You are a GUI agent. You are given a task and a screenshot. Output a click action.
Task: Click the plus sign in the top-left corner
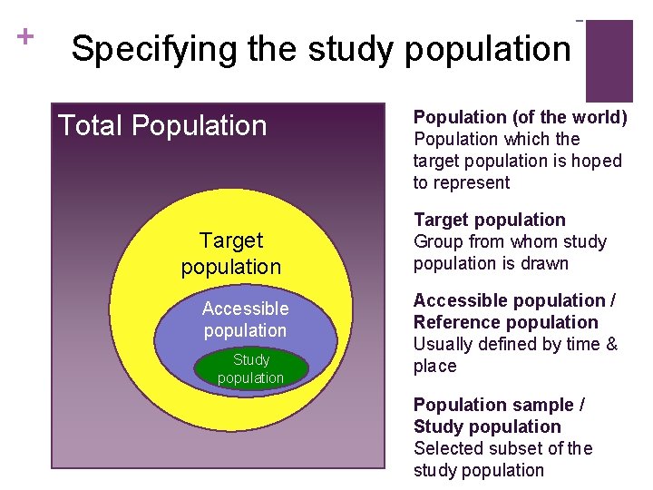pyautogui.click(x=25, y=36)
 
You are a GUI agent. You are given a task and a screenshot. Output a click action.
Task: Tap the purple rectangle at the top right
pyautogui.click(x=609, y=60)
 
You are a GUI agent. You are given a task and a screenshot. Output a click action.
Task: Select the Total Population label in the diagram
pyautogui.click(x=162, y=125)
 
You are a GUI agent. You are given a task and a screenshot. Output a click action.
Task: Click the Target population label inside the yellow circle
pyautogui.click(x=231, y=253)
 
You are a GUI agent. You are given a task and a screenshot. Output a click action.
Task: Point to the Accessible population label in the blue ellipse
pyautogui.click(x=245, y=319)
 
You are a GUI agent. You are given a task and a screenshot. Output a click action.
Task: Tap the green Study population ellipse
pyautogui.click(x=250, y=368)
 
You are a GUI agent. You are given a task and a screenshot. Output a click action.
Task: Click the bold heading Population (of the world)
pyautogui.click(x=520, y=117)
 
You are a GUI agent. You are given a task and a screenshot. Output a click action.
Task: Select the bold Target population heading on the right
pyautogui.click(x=489, y=220)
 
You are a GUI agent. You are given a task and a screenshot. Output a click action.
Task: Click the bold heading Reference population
pyautogui.click(x=505, y=322)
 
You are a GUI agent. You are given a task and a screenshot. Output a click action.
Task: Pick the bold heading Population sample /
pyautogui.click(x=499, y=405)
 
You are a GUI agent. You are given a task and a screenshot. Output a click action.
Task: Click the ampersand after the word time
pyautogui.click(x=611, y=344)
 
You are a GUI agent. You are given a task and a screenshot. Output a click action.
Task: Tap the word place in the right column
pyautogui.click(x=435, y=366)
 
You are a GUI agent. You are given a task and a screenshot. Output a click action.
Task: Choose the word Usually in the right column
pyautogui.click(x=443, y=344)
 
